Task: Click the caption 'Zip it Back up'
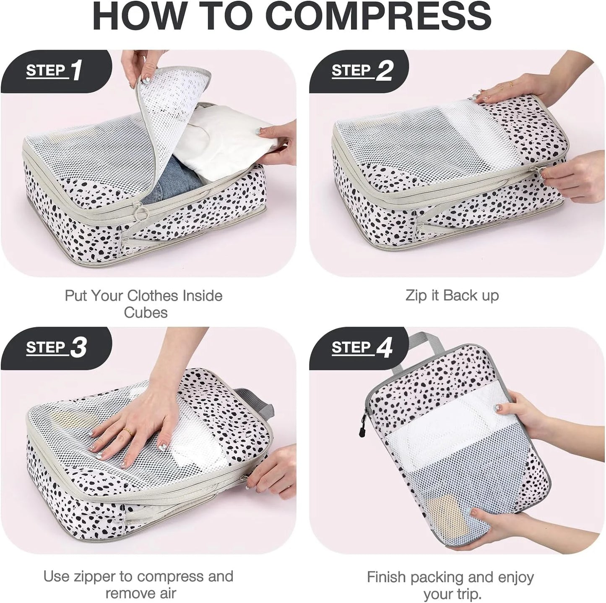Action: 452,295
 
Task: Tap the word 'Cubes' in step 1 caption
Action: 146,312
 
